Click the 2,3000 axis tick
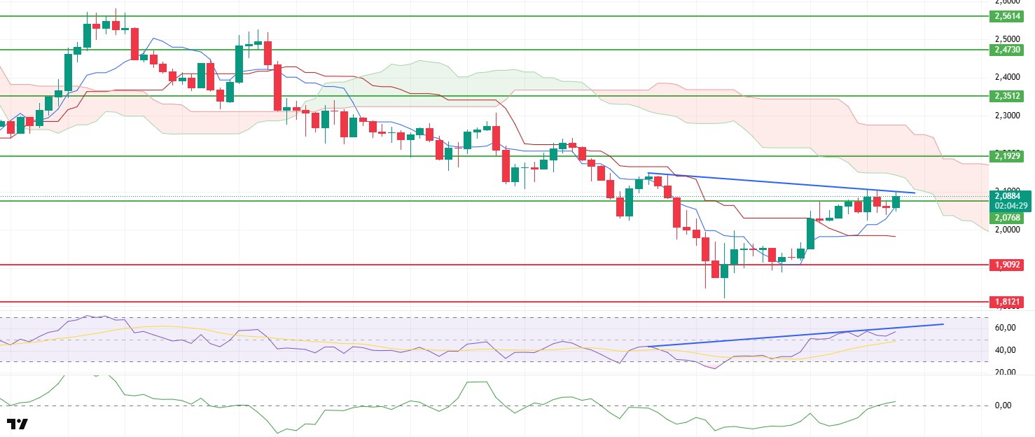[x=1007, y=115]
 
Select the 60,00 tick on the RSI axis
[x=1005, y=328]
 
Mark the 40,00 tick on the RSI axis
[x=1005, y=350]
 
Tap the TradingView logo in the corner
[x=17, y=424]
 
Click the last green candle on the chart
[x=895, y=202]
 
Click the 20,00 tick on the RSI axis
[x=1005, y=373]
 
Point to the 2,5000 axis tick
[x=1007, y=39]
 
